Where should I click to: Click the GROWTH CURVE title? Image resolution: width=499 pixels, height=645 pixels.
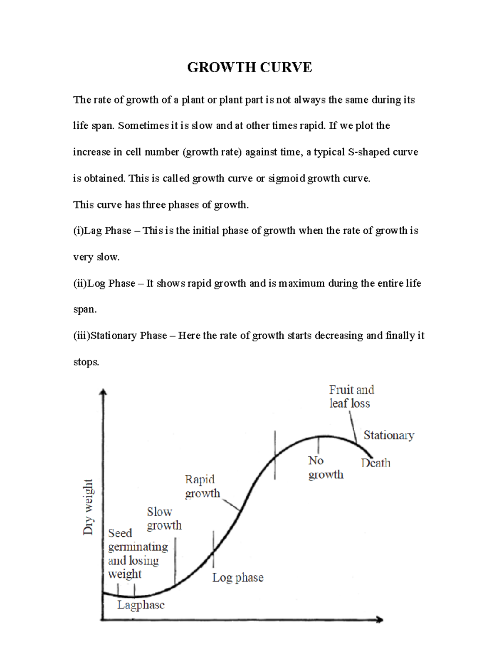[x=249, y=67]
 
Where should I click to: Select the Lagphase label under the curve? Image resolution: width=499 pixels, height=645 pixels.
[x=141, y=605]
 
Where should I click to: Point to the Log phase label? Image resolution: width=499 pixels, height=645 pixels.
[x=237, y=577]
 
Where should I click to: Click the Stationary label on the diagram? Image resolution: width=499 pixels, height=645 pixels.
[x=389, y=435]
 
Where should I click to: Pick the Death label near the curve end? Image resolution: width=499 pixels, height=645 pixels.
[x=375, y=463]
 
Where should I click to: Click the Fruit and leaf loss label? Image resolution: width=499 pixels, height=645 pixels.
[x=351, y=397]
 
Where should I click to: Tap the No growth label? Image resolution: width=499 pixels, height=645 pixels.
[x=326, y=467]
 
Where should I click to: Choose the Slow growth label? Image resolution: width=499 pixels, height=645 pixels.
[x=164, y=518]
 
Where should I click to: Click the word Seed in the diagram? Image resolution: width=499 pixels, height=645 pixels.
[x=120, y=533]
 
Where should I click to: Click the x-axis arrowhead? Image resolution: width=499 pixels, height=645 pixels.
[x=379, y=620]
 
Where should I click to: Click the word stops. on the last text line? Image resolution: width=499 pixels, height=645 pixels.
[x=86, y=362]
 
